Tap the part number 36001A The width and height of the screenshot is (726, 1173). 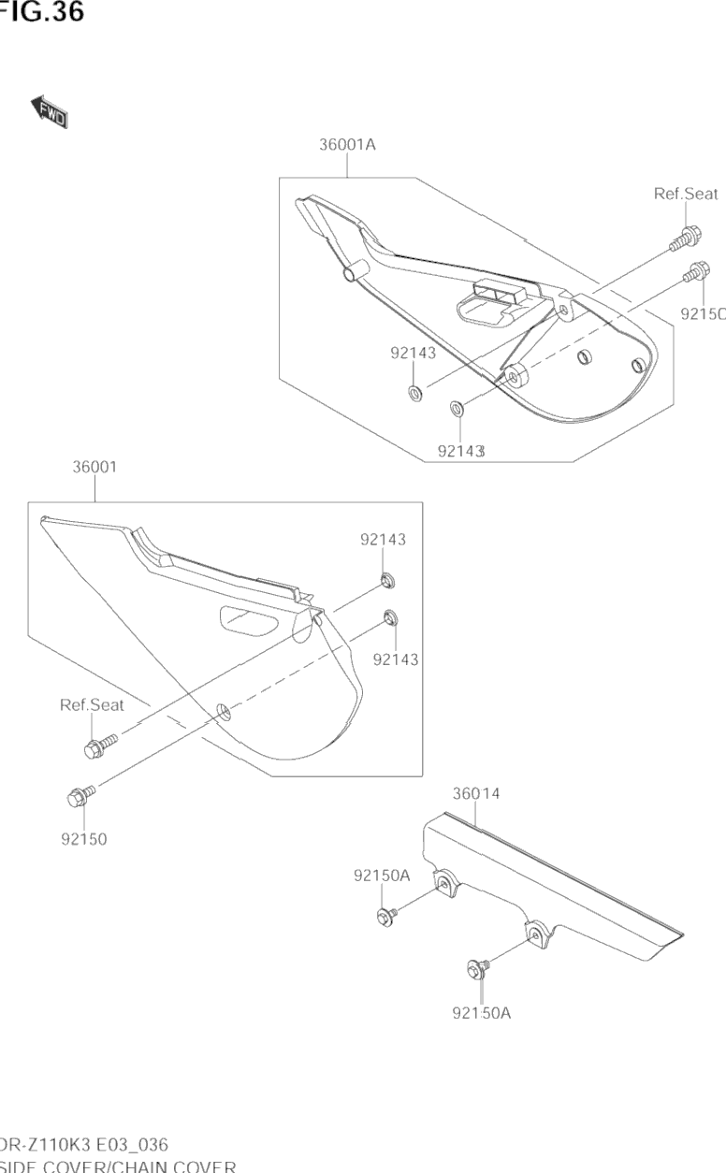click(347, 145)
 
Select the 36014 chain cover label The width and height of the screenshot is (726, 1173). click(476, 794)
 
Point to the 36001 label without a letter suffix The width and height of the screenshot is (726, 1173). click(94, 467)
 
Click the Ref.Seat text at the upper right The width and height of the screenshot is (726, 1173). click(686, 195)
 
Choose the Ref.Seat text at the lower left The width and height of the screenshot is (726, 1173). click(92, 705)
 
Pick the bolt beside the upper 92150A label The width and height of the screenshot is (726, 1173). click(386, 912)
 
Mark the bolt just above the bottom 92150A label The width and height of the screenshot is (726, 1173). click(475, 970)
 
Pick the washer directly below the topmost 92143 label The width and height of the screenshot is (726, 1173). click(413, 389)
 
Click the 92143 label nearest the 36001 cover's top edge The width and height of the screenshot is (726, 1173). click(384, 539)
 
